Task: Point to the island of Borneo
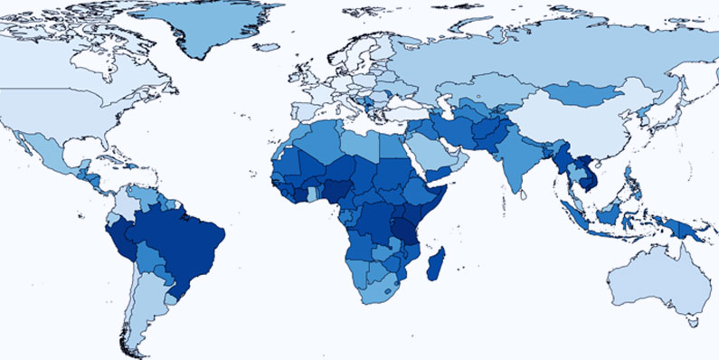[611, 213]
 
